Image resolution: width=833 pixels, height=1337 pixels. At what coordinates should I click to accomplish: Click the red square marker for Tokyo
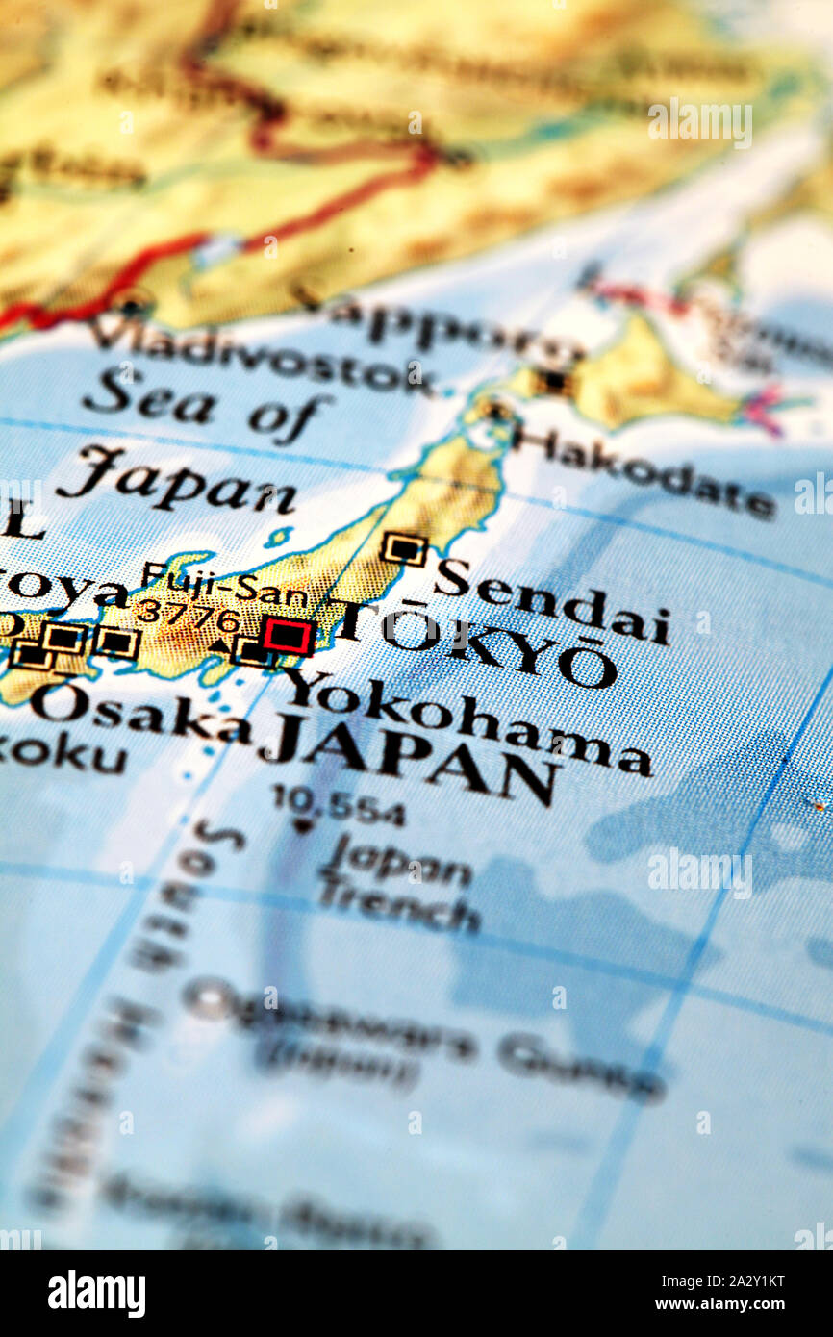pos(288,636)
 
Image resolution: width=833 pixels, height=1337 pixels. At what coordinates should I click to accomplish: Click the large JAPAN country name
pos(408,760)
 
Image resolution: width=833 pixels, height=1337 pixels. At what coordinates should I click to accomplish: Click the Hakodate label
pos(644,472)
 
